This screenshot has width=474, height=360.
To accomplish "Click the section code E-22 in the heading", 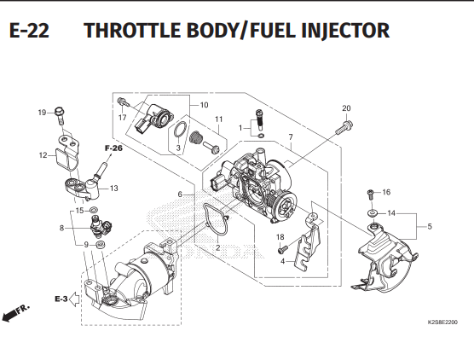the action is pos(29,30).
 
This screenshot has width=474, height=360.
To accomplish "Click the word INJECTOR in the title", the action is pos(345,31).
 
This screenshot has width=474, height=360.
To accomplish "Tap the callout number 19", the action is pos(42,113).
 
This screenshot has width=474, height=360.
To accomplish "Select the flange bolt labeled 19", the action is pos(60,115).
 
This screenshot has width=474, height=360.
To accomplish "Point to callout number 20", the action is pos(346,108).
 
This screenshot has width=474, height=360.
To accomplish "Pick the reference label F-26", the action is pos(113,148).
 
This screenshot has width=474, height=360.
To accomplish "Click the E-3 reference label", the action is pos(61,299).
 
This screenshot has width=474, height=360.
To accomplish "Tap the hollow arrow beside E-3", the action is pos(74,299).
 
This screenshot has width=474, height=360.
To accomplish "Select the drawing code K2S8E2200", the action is pos(442,322).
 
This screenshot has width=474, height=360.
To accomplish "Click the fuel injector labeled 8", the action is pos(101,227).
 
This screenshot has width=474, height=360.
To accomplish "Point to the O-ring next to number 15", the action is pos(94,209).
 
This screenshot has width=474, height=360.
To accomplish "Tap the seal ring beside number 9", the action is pos(101,244).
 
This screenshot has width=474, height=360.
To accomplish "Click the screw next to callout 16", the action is pos(371,194).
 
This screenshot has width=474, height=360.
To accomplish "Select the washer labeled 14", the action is pos(373,213).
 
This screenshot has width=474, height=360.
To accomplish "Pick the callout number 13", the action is pos(113,189).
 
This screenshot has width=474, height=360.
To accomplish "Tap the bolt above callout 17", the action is pos(123,102).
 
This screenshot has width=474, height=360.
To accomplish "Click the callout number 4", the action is pos(283,261).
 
